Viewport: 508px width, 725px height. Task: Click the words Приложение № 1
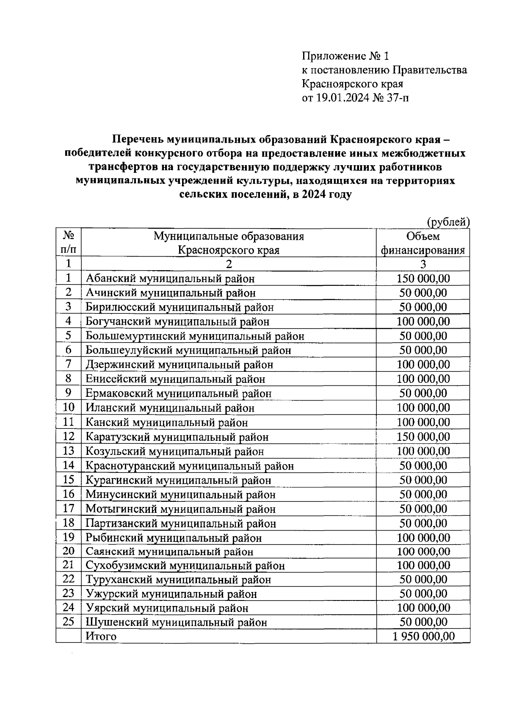[345, 56]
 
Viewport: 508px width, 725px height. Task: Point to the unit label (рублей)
[448, 221]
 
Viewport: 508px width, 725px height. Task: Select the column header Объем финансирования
[423, 243]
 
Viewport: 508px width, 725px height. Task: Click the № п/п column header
[69, 243]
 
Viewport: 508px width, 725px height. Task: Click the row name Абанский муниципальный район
[170, 279]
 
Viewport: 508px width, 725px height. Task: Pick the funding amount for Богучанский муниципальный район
[423, 321]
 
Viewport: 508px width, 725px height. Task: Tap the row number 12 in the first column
[69, 436]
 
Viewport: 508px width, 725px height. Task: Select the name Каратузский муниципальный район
[177, 437]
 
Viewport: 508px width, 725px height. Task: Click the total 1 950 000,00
[423, 636]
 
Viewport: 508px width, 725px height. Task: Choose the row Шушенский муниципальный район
[177, 623]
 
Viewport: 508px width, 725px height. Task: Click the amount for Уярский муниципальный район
[423, 608]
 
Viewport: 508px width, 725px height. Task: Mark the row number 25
[69, 622]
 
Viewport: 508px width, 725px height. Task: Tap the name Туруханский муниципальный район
[178, 580]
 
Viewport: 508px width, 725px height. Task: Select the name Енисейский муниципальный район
[175, 379]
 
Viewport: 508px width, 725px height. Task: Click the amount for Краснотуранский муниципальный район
[423, 466]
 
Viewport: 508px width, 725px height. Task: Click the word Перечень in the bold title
[138, 139]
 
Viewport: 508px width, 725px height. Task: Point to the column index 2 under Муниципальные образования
[229, 264]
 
